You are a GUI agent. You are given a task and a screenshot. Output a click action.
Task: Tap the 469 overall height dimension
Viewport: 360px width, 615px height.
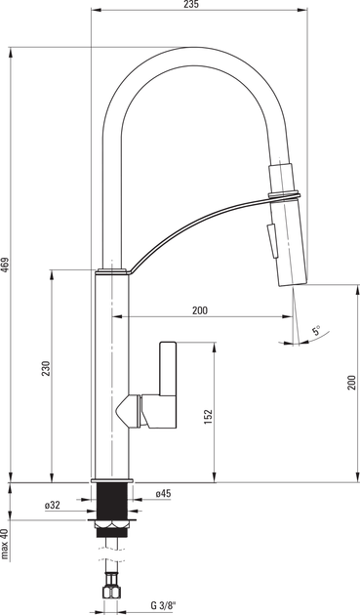coord(5,266)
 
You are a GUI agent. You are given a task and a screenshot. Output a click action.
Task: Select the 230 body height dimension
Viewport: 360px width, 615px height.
coord(46,368)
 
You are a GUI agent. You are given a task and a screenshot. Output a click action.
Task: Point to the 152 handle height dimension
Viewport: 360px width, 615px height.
coord(208,417)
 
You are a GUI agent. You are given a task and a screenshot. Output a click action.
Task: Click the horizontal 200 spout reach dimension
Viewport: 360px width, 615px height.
coord(200,310)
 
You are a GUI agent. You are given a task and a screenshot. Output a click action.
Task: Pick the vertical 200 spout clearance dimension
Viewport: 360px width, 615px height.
coord(351,383)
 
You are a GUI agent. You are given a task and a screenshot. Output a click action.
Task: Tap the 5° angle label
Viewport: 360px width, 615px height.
coord(316,330)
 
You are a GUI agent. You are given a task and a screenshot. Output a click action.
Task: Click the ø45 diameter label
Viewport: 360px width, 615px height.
coord(163,494)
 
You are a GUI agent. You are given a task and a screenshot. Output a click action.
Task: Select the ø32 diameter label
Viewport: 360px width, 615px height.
coord(52,506)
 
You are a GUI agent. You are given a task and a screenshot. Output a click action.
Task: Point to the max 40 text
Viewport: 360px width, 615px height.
coord(5,544)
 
